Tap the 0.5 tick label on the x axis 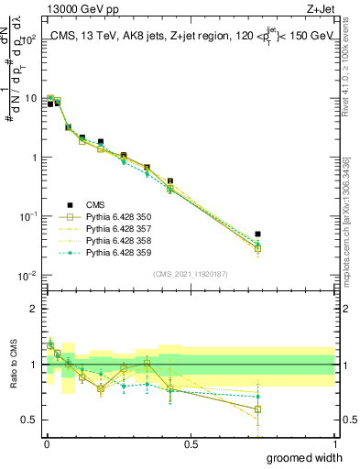pyautogui.click(x=191, y=443)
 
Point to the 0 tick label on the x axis pyautogui.click(x=47, y=443)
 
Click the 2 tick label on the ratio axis pyautogui.click(x=36, y=309)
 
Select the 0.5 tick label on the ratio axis pyautogui.click(x=31, y=420)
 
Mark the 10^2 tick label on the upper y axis pyautogui.click(x=29, y=40)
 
